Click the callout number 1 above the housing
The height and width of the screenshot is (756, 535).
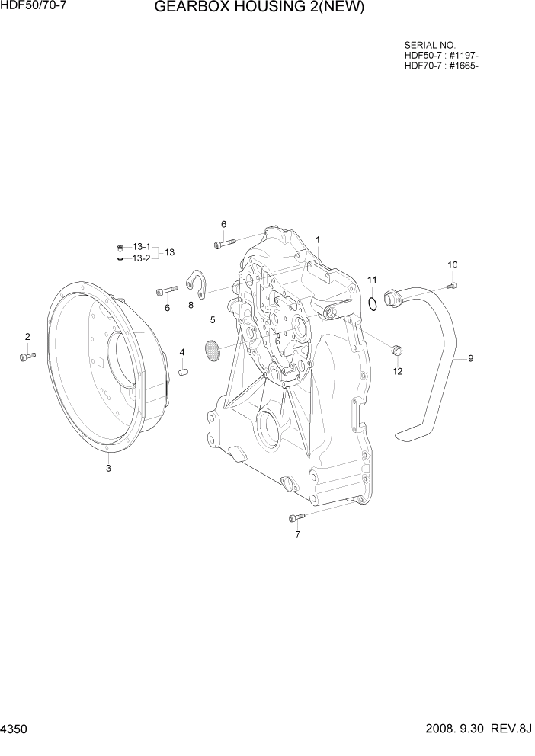click(317, 239)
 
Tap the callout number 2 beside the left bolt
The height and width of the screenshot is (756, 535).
click(27, 337)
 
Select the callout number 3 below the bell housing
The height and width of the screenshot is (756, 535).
click(108, 469)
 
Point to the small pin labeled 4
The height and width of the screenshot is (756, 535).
click(183, 371)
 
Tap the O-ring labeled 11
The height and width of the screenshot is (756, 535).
click(372, 305)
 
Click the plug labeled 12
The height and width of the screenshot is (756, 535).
click(396, 351)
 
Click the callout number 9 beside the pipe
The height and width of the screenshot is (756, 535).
click(470, 357)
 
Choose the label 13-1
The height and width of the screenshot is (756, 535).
click(142, 247)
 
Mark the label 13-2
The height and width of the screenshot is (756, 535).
click(142, 258)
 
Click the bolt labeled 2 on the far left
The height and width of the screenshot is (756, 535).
click(27, 356)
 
